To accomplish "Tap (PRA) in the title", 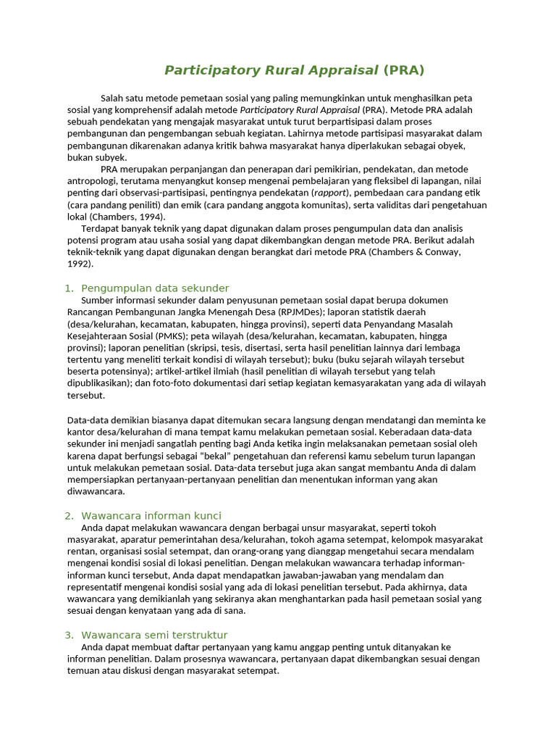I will [x=404, y=70].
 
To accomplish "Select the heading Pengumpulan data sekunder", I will [x=155, y=288].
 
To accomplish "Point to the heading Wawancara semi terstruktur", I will [x=154, y=635].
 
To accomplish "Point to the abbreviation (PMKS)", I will [x=169, y=335].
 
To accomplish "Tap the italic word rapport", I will [x=330, y=193].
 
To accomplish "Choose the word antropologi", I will [x=92, y=181].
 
